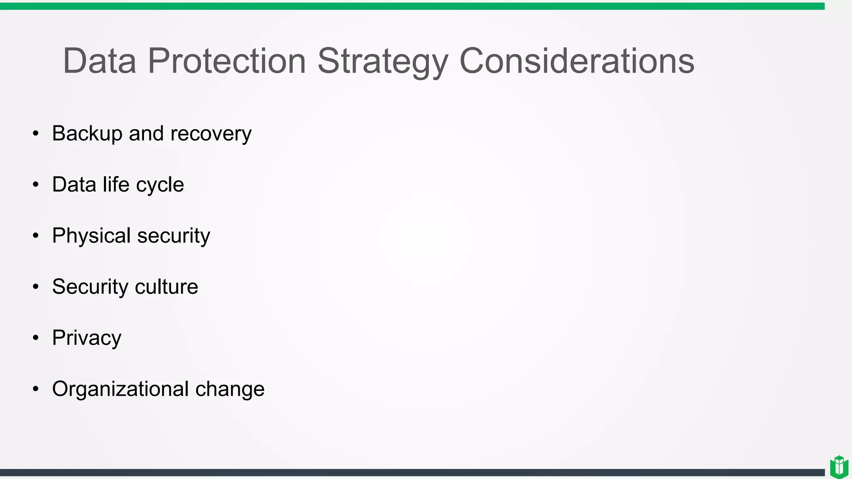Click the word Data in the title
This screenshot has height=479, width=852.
[x=99, y=61]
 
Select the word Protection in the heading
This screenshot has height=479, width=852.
[x=227, y=61]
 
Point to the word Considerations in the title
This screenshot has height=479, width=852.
[x=577, y=61]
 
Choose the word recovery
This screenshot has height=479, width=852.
[x=211, y=134]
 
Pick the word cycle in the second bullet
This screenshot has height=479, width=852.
[x=160, y=185]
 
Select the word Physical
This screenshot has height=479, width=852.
[x=92, y=236]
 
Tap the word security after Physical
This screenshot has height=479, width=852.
[x=173, y=236]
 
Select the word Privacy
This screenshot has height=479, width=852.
[x=87, y=338]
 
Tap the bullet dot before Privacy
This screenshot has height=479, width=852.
[x=36, y=338]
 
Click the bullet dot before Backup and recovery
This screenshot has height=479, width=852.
[x=36, y=133]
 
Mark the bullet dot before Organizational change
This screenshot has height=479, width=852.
[x=36, y=389]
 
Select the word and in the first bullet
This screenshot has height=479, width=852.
[x=146, y=134]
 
